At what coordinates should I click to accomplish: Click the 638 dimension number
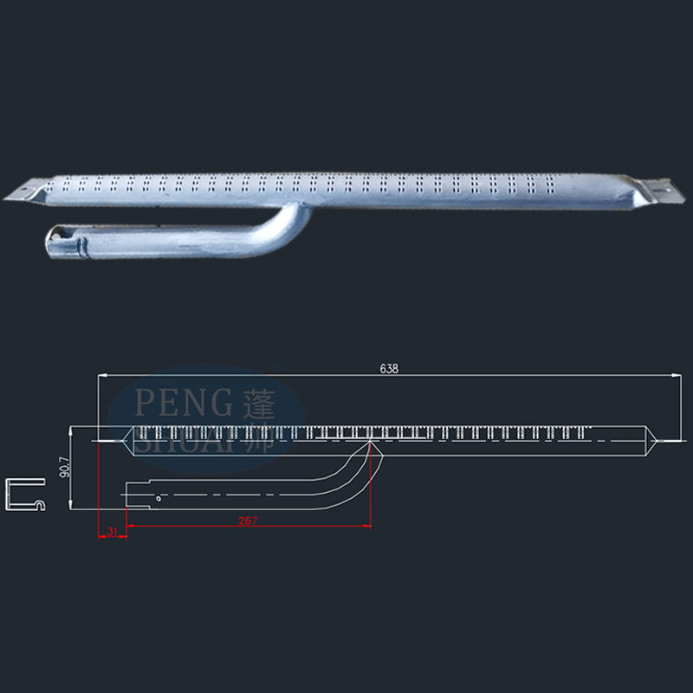pos(389,368)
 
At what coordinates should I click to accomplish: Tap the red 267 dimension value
pos(248,520)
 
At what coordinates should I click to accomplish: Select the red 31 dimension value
pos(113,531)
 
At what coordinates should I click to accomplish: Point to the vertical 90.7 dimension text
pos(63,469)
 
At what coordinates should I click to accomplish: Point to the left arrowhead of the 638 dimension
pos(100,375)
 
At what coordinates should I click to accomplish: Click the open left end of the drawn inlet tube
pos(126,493)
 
